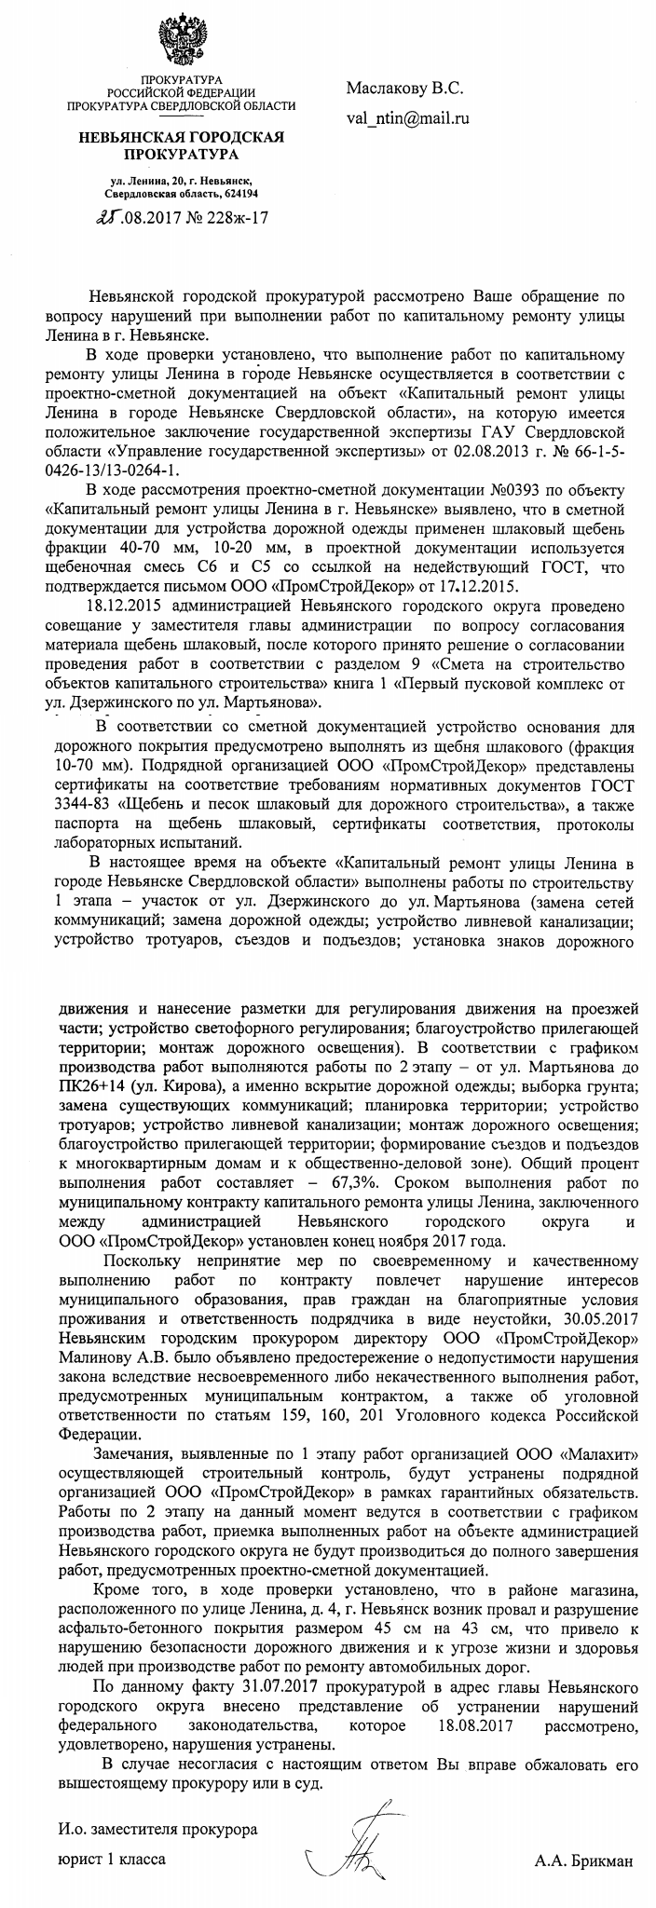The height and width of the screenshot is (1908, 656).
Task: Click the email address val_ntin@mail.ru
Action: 407,118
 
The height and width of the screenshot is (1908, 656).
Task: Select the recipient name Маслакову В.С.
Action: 404,89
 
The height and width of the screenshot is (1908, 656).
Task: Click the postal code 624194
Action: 238,192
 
